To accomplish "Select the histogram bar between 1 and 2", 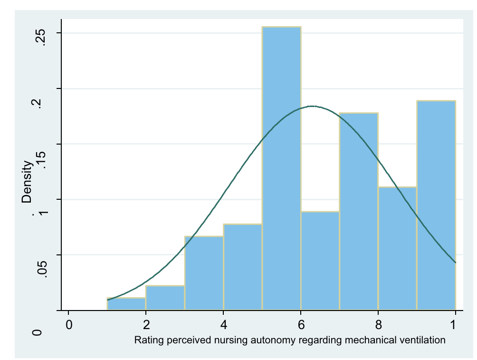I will [126, 304].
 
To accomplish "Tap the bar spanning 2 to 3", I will [165, 298].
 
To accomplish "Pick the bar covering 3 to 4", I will [204, 273].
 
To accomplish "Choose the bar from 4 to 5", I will [243, 267].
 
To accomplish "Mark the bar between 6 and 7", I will [320, 261].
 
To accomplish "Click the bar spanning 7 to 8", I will [359, 212].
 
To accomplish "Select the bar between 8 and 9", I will [398, 249].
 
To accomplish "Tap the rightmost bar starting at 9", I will [436, 205].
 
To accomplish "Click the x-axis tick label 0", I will [69, 326].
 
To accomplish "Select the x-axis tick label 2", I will [146, 326].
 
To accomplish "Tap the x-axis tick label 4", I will [224, 326].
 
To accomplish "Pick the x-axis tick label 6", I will [301, 326].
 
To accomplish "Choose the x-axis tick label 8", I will [378, 326].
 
